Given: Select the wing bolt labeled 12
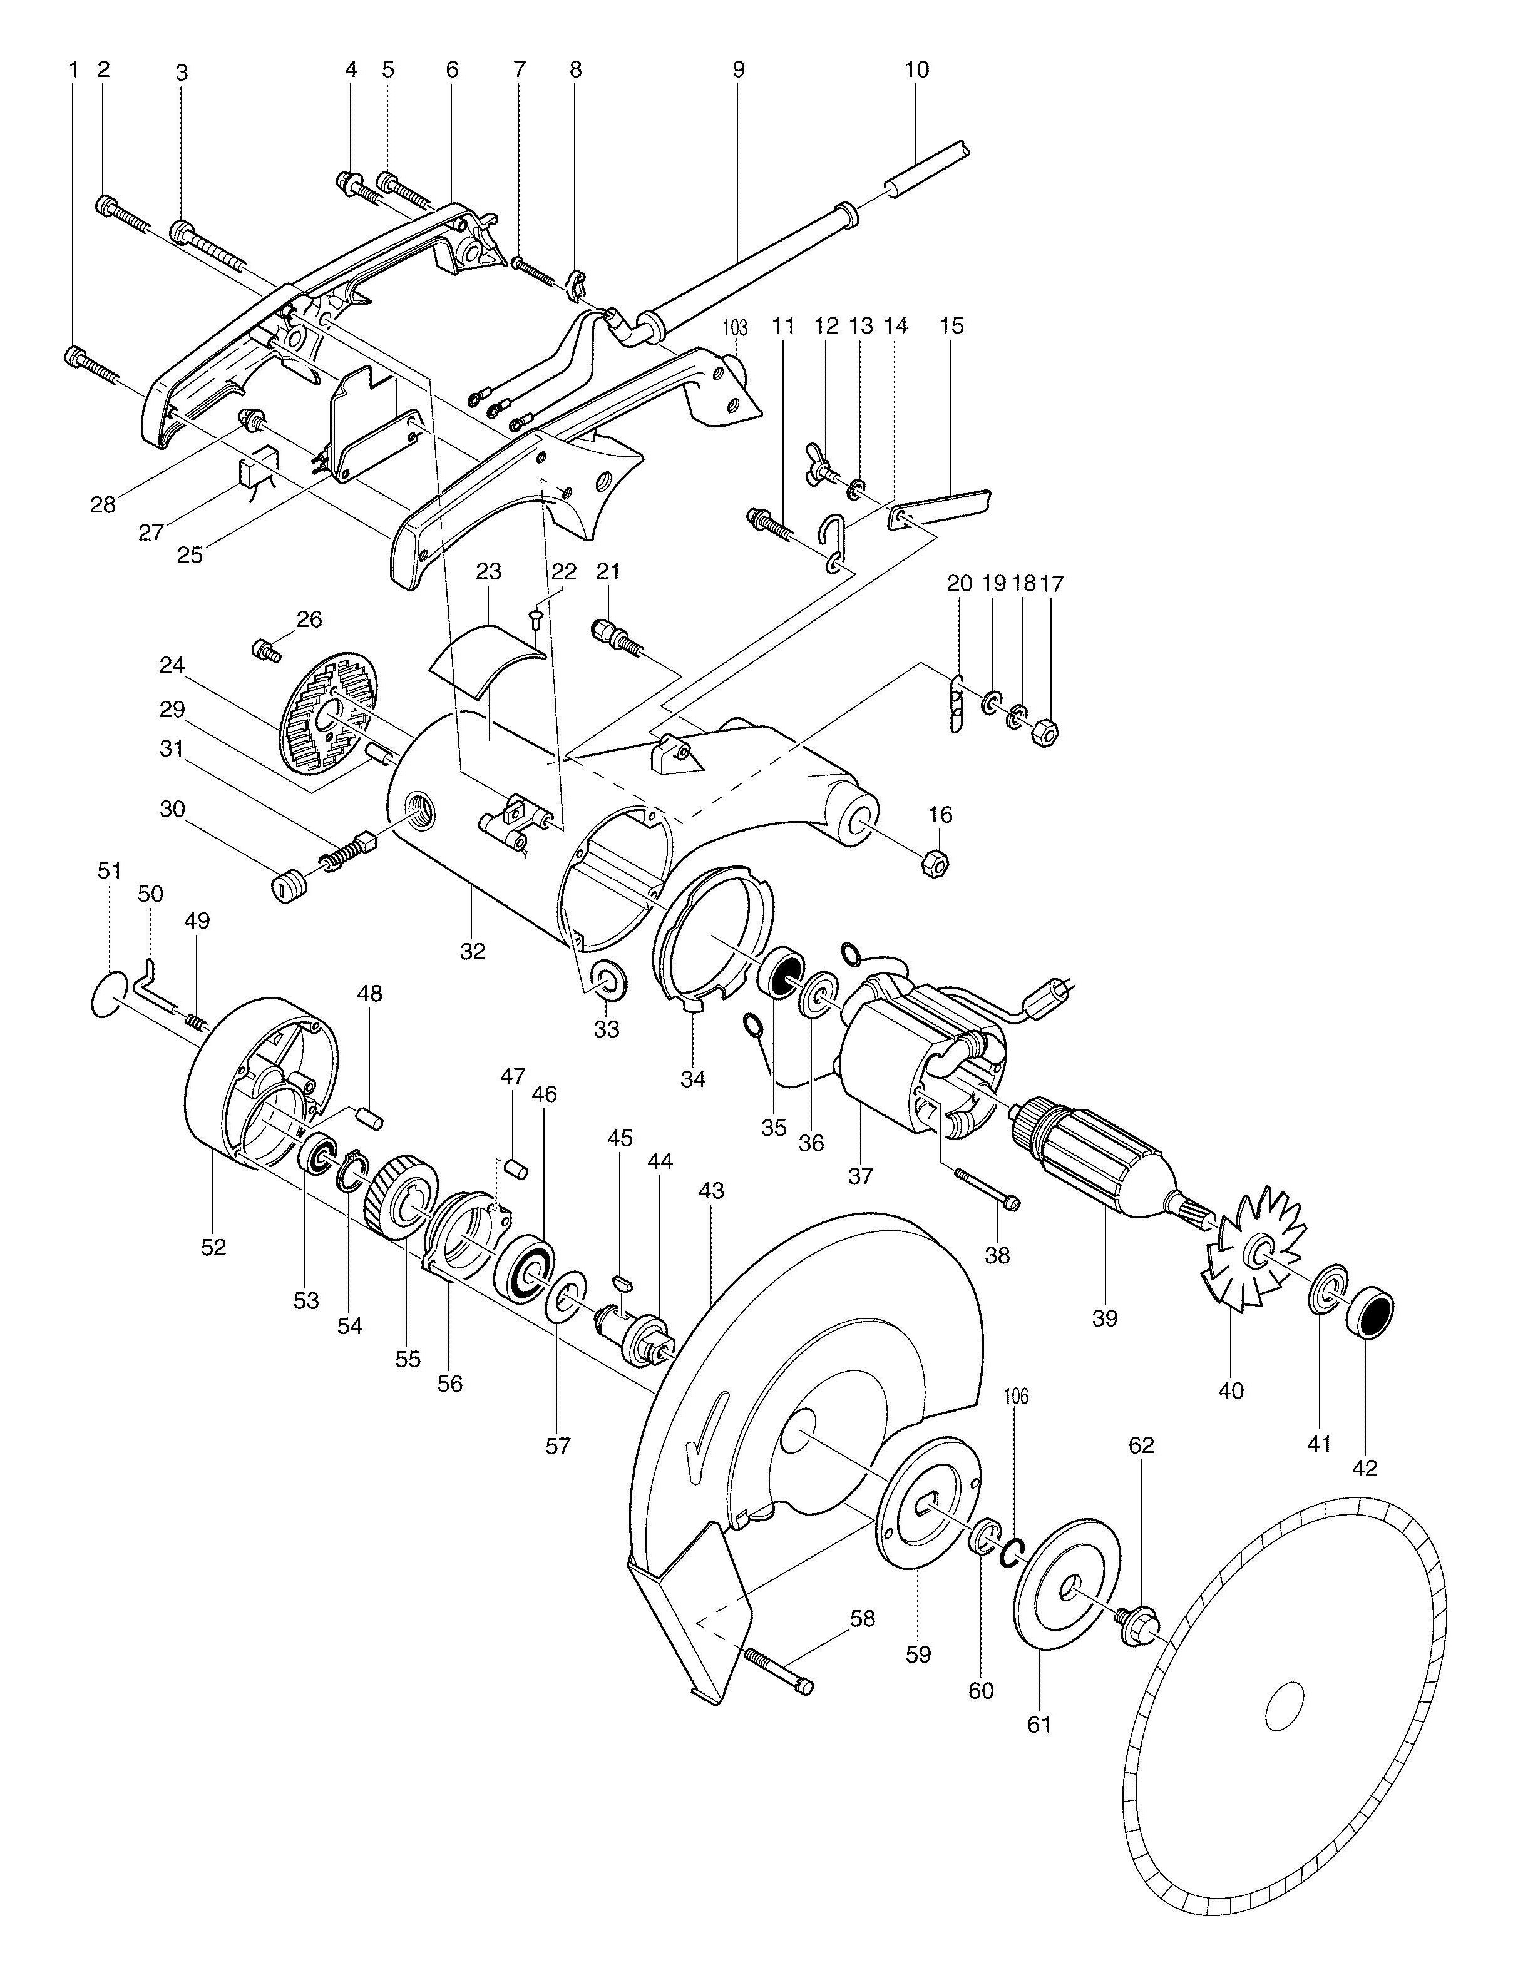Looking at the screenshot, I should click(821, 467).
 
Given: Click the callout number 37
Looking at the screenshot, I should click(860, 1176).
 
